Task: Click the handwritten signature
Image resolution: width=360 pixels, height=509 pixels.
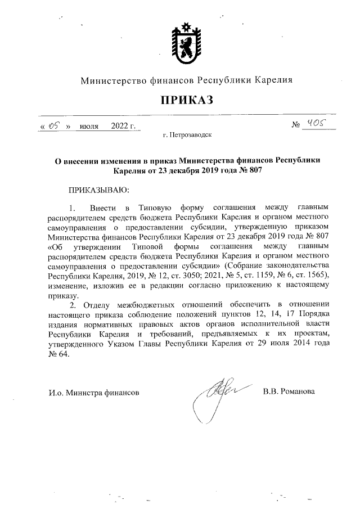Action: tap(213, 394)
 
